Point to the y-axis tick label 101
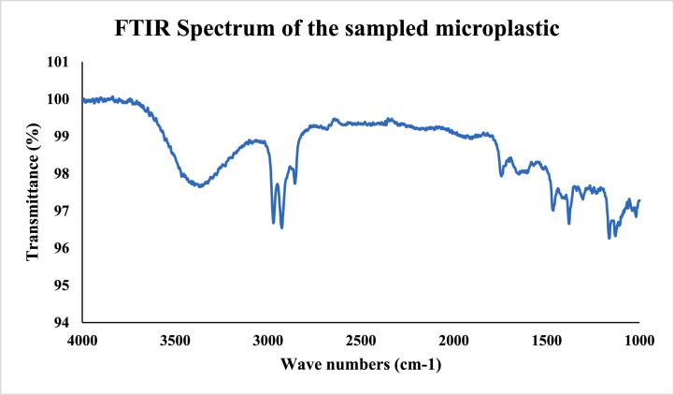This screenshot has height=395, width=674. click(58, 62)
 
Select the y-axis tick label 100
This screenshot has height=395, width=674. click(58, 99)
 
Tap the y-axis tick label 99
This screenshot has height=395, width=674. click(62, 137)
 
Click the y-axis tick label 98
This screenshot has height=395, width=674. click(62, 174)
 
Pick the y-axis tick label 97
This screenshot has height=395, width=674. click(62, 211)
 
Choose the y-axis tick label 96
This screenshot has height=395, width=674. click(62, 248)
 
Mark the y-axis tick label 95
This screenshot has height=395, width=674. click(62, 285)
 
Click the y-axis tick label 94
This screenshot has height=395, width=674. click(62, 323)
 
